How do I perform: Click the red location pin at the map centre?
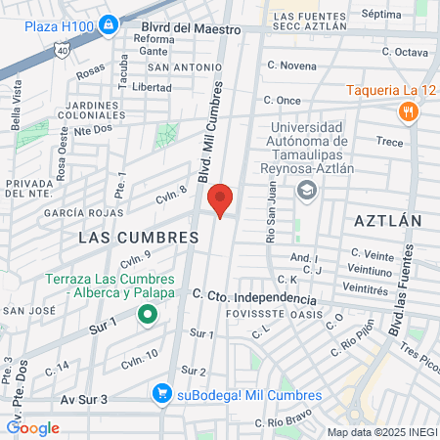pyautogui.click(x=221, y=199)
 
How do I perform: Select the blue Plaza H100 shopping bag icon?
pyautogui.click(x=108, y=22)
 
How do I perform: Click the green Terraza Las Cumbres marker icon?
pyautogui.click(x=147, y=314)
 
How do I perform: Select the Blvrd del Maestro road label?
pyautogui.click(x=191, y=29)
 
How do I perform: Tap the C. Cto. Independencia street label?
pyautogui.click(x=251, y=294)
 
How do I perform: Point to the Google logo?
pyautogui.click(x=32, y=427)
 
